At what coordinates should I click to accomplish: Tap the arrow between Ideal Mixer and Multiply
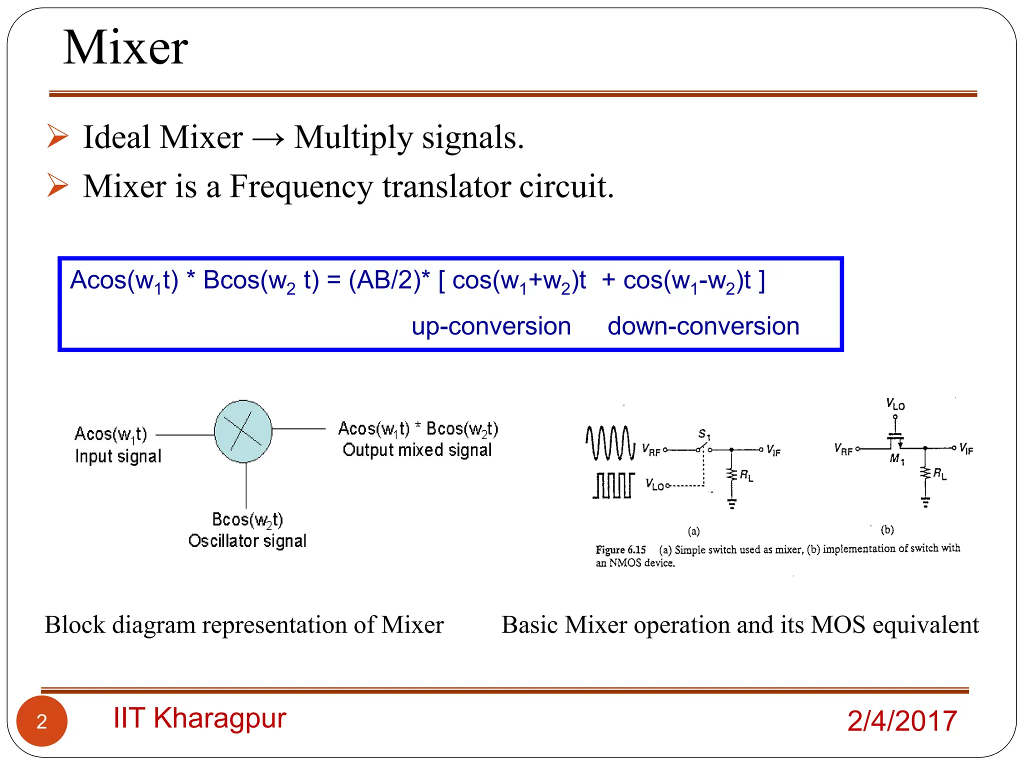point(268,138)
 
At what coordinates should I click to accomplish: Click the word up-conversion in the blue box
point(491,326)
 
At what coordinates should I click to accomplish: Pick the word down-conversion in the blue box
point(703,326)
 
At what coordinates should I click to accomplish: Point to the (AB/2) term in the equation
point(385,280)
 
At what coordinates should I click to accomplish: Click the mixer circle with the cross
point(243,431)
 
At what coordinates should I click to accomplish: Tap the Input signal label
point(118,456)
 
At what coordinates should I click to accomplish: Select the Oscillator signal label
point(247,541)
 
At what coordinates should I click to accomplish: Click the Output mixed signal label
point(417,450)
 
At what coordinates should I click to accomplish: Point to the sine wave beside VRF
point(610,442)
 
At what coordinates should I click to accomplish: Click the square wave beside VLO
point(613,485)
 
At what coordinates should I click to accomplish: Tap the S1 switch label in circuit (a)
point(704,433)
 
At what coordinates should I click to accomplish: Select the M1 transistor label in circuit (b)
point(897,458)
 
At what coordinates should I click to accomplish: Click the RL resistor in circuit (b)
point(925,472)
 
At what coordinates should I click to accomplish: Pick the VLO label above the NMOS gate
point(895,404)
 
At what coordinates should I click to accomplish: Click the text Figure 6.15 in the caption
point(620,550)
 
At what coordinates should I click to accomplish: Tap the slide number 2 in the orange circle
point(42,721)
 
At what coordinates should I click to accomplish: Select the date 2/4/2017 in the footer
point(901,721)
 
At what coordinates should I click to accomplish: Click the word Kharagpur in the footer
point(219,718)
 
